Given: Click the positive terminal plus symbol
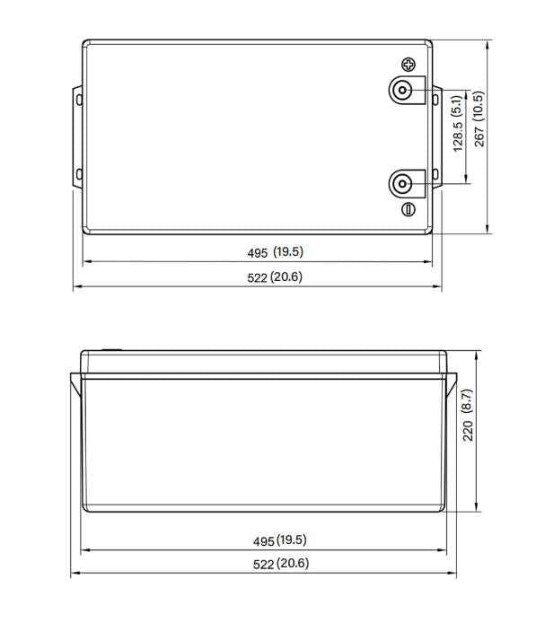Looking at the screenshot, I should pyautogui.click(x=409, y=65).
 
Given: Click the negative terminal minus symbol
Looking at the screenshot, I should pyautogui.click(x=409, y=209).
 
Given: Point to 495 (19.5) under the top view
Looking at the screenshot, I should pyautogui.click(x=276, y=252).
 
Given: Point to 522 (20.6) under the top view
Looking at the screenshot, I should pyautogui.click(x=276, y=277).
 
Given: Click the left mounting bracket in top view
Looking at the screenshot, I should pyautogui.click(x=77, y=136).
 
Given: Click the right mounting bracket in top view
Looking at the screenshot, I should pyautogui.click(x=437, y=136).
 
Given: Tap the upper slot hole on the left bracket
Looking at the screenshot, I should pyautogui.click(x=78, y=99).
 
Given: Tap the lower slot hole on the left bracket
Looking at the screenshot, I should pyautogui.click(x=78, y=173).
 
